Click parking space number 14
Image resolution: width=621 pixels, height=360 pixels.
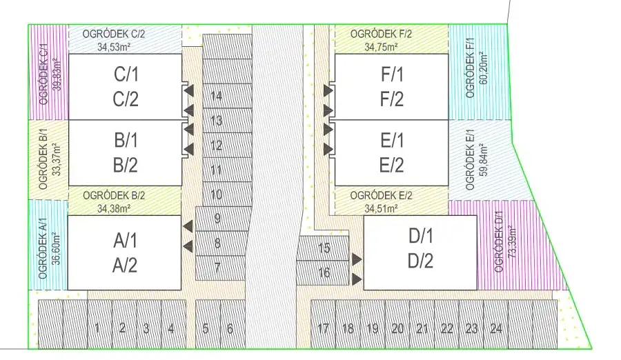click(x=217, y=97)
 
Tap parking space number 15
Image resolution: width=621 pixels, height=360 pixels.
click(x=324, y=248)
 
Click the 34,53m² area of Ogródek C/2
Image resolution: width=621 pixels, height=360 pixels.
click(x=115, y=47)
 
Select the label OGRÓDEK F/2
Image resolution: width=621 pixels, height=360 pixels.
click(x=381, y=34)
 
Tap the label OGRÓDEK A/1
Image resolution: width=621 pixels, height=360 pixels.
click(x=43, y=246)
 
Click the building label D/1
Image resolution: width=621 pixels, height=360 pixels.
click(x=420, y=237)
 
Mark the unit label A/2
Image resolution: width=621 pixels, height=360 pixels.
click(x=125, y=264)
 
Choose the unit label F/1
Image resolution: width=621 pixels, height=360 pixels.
click(x=391, y=74)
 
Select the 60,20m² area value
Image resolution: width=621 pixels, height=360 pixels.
click(x=482, y=69)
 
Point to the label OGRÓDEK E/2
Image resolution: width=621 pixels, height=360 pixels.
click(x=381, y=196)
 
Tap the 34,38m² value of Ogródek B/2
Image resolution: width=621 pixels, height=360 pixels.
click(x=114, y=208)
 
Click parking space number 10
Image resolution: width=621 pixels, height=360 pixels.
click(x=217, y=194)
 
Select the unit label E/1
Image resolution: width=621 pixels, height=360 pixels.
click(x=391, y=141)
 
